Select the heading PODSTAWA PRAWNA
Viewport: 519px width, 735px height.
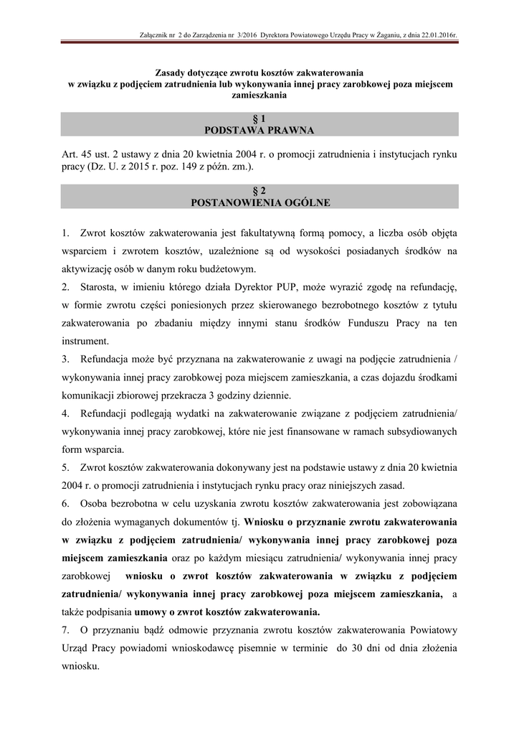click(x=259, y=130)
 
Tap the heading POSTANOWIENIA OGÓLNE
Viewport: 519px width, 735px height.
click(x=259, y=202)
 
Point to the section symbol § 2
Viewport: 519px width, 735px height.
click(x=259, y=191)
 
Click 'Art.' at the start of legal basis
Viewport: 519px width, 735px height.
click(x=70, y=154)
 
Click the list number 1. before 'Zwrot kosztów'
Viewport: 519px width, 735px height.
click(x=66, y=233)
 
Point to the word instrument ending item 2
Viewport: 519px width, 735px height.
click(x=85, y=341)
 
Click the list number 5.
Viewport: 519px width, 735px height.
click(x=66, y=467)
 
